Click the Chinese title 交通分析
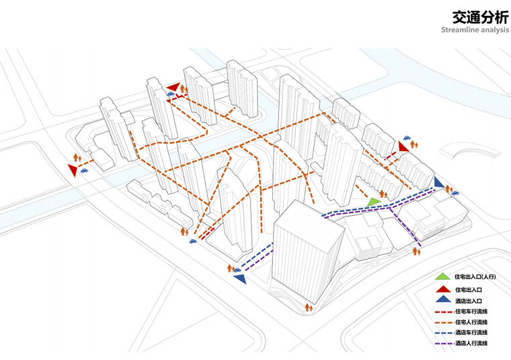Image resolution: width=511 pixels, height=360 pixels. (480, 17)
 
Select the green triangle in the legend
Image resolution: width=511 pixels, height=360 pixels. (442, 277)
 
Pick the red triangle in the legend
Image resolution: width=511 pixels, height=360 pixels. (443, 289)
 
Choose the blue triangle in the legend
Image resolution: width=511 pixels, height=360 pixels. (443, 299)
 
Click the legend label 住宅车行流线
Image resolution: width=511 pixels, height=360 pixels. (471, 312)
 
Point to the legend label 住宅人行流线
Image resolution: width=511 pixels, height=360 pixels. (471, 322)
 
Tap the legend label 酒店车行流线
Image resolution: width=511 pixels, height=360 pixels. (471, 332)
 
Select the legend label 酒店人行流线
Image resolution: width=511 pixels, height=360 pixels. (471, 343)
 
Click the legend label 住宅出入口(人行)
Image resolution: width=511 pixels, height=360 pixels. (475, 277)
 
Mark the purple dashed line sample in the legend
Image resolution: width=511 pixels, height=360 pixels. (444, 344)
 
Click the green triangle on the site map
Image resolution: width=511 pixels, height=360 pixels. (374, 202)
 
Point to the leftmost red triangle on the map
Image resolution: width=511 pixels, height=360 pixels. (73, 170)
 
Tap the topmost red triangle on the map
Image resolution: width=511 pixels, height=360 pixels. (173, 87)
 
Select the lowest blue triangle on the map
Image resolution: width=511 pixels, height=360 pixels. (240, 279)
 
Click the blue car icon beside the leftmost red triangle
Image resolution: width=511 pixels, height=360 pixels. (85, 170)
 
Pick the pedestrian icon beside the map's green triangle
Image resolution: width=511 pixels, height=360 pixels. (383, 194)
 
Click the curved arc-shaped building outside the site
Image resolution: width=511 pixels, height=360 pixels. (469, 152)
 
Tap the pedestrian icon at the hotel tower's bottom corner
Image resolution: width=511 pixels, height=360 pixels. (309, 308)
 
